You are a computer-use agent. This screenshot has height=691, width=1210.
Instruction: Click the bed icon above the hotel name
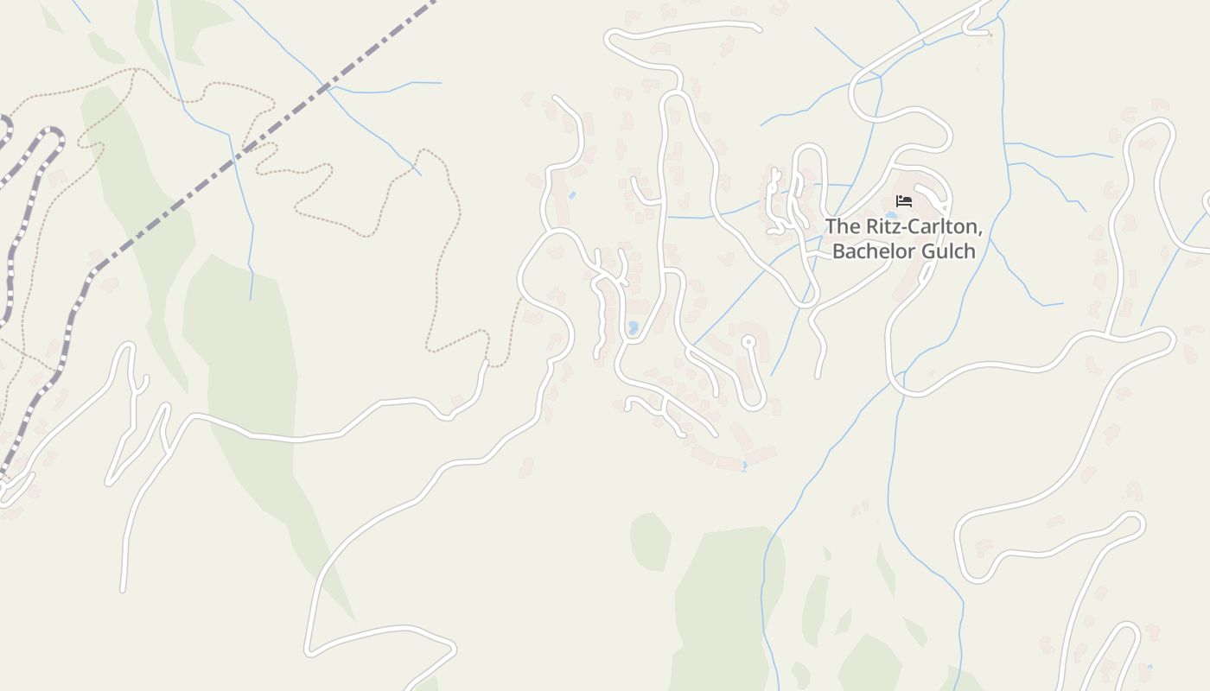(x=904, y=201)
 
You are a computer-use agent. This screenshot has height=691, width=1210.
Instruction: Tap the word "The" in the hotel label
(x=843, y=227)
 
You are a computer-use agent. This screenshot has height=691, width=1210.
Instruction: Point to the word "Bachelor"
(x=875, y=251)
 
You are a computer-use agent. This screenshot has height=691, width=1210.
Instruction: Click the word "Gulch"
(x=950, y=251)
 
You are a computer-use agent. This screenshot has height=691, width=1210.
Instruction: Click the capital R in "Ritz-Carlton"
(x=872, y=227)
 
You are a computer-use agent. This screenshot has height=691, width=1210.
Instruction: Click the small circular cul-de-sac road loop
(x=748, y=342)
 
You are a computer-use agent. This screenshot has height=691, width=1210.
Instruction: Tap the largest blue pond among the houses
(x=633, y=328)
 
